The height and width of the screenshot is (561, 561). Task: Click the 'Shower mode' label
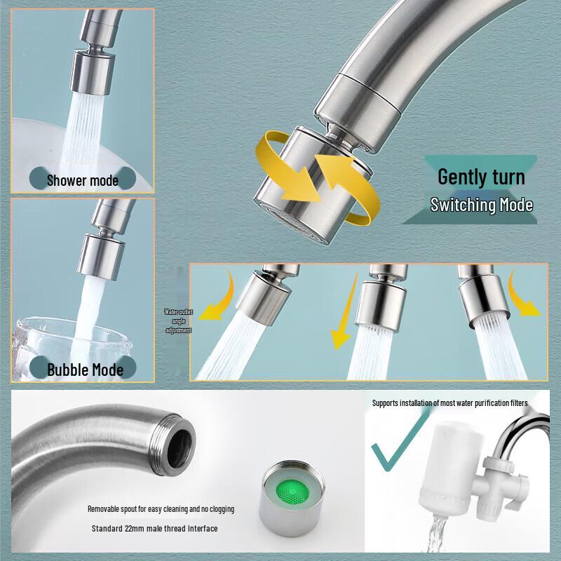tap(82, 180)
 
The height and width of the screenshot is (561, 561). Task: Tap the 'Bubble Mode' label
tap(85, 369)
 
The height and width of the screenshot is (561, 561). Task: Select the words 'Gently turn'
tap(481, 176)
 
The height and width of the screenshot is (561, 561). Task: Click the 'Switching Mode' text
tap(481, 205)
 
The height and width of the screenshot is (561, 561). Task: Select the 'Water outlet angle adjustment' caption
tap(177, 320)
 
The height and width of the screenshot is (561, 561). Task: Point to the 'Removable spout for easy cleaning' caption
tap(161, 508)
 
